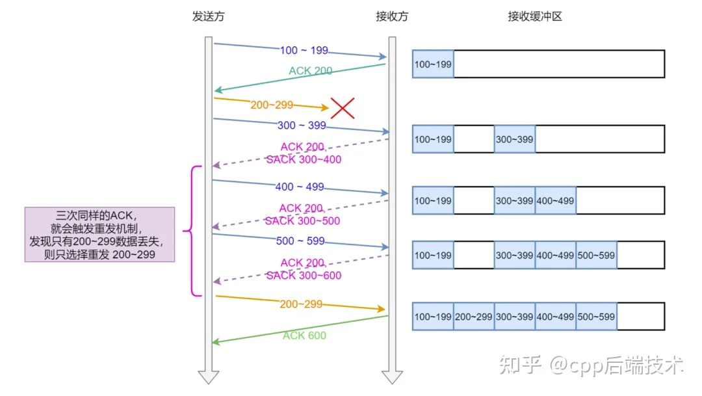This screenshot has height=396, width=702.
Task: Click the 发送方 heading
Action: click(208, 16)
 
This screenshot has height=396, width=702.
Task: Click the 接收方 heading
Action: click(392, 16)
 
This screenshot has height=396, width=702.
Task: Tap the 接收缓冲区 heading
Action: click(534, 16)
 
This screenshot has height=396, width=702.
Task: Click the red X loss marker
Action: click(343, 108)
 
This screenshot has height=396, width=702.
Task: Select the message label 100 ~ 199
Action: click(304, 50)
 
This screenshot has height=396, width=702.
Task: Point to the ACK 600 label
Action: click(304, 336)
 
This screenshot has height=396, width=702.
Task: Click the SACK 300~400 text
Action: click(304, 159)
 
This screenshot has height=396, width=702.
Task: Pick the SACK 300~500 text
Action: click(302, 221)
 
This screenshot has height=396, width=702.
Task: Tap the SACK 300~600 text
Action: click(304, 276)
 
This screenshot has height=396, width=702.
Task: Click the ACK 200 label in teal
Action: click(310, 71)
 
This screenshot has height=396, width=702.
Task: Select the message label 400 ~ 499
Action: click(300, 187)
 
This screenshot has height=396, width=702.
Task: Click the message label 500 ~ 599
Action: click(300, 241)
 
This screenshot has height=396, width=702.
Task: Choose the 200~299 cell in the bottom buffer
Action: click(474, 317)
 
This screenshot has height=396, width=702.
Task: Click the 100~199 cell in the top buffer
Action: click(433, 64)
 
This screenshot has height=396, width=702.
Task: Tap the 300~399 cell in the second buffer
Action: click(514, 139)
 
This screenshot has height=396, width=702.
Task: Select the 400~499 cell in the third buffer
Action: click(555, 201)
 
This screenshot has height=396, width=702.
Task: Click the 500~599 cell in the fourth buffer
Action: click(596, 256)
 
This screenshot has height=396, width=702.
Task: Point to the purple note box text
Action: click(99, 235)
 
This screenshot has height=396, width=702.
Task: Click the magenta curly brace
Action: click(192, 231)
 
